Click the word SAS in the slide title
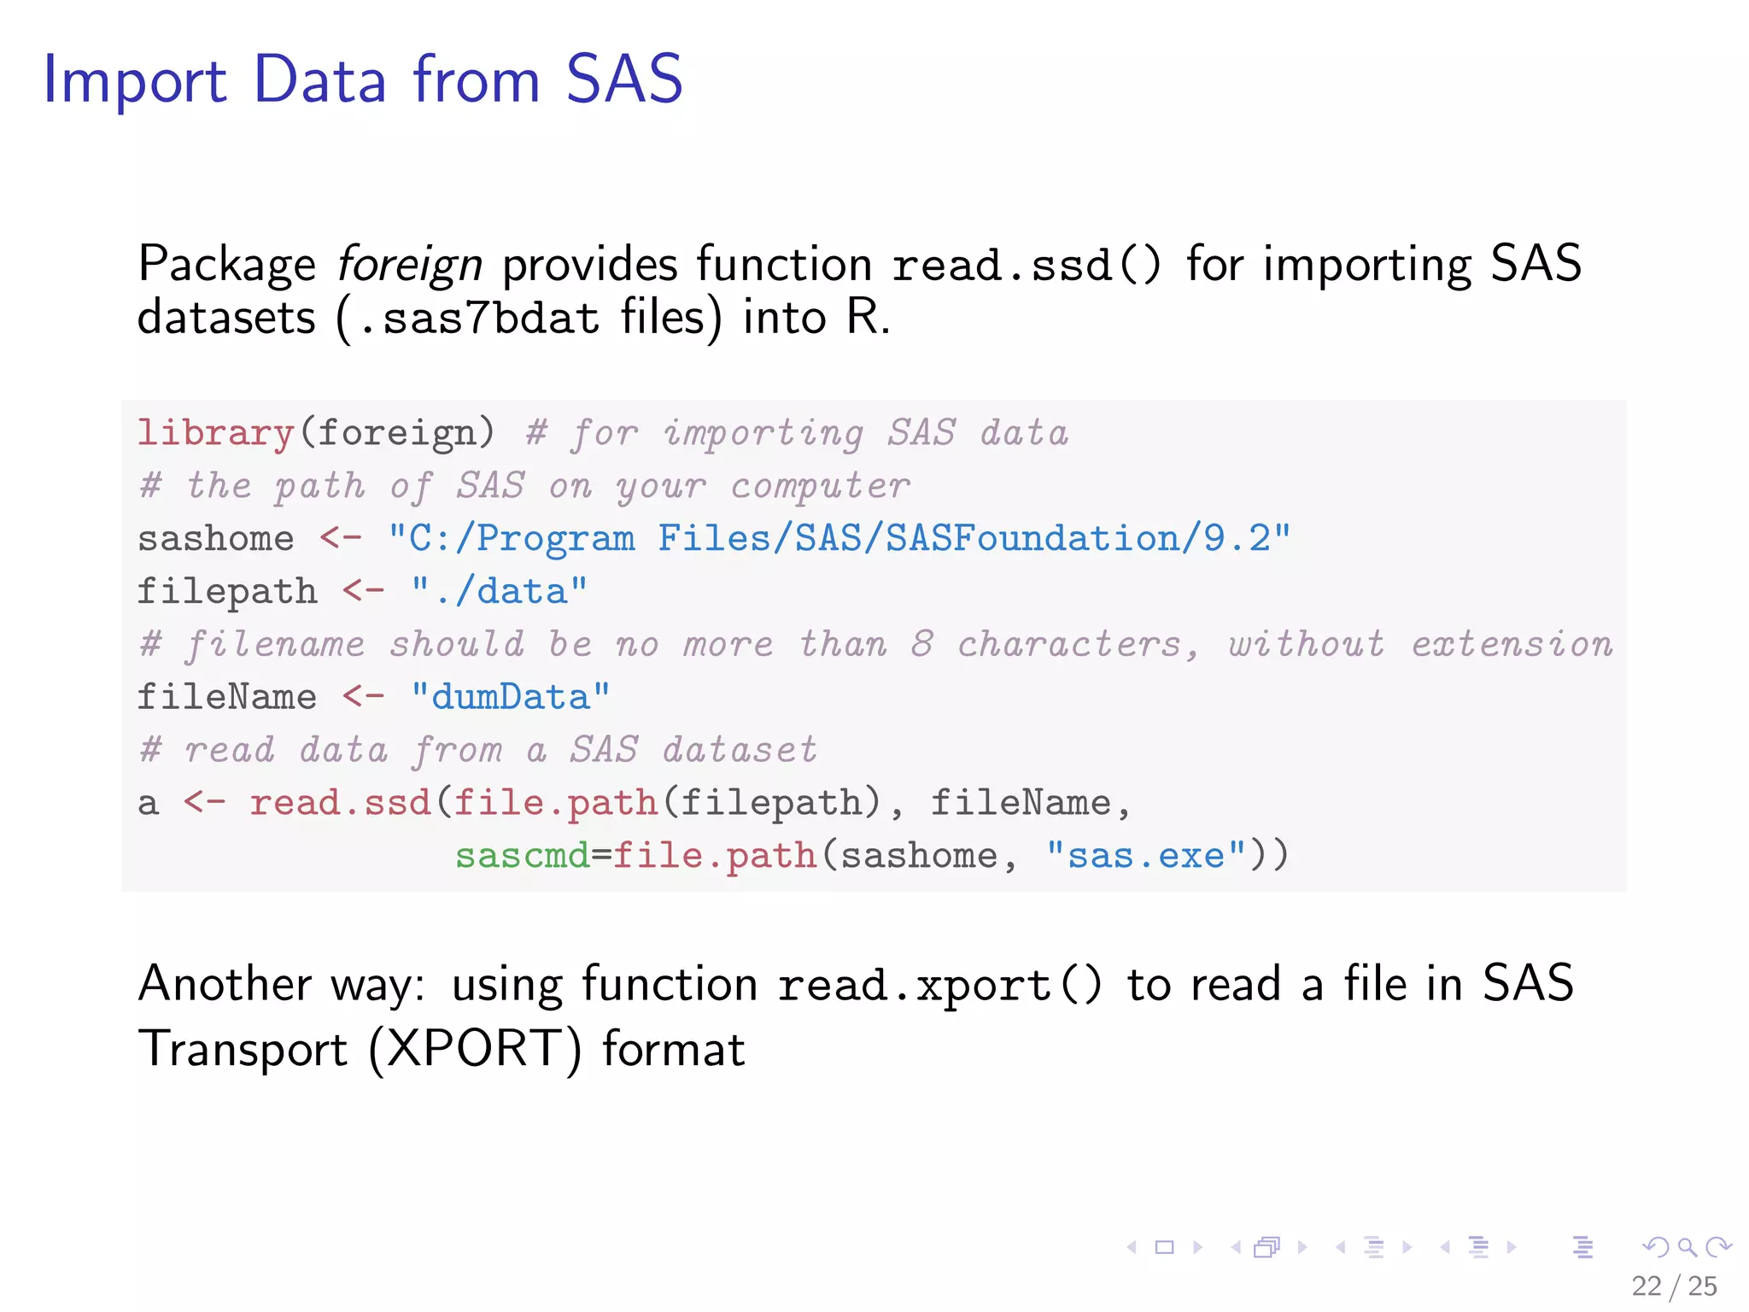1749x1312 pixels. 624,79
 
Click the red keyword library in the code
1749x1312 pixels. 216,433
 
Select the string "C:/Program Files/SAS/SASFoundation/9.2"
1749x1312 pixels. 839,539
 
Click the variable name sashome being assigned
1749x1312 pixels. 216,539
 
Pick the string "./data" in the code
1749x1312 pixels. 500,591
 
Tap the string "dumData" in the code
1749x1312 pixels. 511,697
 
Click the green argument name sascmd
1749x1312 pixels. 522,855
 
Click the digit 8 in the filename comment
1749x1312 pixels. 921,644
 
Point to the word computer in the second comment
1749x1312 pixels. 821,486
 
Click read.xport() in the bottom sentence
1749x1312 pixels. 939,985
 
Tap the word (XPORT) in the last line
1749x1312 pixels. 475,1049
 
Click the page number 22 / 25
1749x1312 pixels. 1674,1286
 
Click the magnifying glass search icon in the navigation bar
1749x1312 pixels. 1687,1247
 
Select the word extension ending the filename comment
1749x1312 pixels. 1512,644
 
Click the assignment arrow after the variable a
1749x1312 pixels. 204,802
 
